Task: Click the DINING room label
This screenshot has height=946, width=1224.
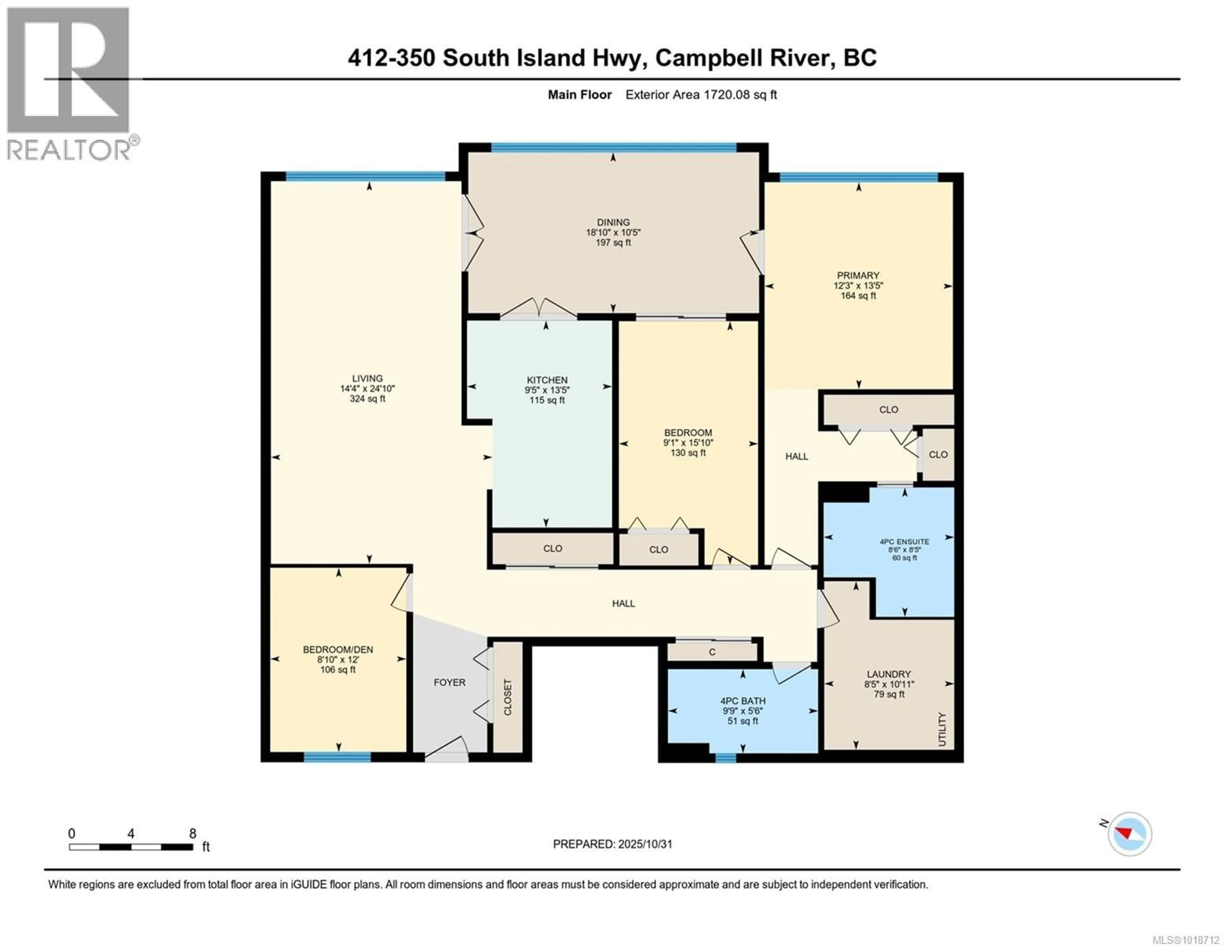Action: pos(613,222)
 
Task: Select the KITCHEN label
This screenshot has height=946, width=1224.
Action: pos(547,380)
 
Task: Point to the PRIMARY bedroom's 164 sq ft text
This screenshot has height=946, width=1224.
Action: pos(858,296)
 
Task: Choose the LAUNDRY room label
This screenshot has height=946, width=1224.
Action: pos(888,674)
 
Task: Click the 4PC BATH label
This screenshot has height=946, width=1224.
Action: pos(743,701)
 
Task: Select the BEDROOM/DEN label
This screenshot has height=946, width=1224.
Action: pos(338,649)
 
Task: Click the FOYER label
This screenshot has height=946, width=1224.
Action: pos(449,682)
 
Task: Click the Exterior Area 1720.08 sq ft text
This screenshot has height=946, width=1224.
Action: pos(701,95)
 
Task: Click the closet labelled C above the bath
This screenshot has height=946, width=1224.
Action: pos(712,652)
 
